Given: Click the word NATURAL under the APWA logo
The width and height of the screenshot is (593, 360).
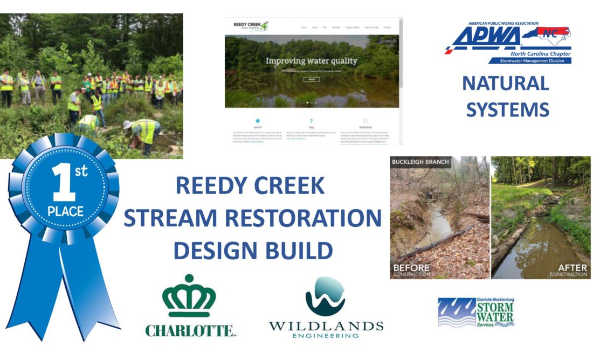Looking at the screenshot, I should tap(505, 84).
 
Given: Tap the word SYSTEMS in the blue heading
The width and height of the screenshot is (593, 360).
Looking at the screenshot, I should tap(507, 109).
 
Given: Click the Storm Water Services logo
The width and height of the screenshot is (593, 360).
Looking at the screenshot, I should tap(475, 313).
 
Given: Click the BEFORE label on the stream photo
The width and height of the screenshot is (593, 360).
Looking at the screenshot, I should tap(412, 267).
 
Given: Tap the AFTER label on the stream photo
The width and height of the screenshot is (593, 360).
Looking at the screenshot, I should tap(571, 267).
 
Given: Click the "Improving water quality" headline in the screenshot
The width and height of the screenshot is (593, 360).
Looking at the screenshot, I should tap(311, 61).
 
